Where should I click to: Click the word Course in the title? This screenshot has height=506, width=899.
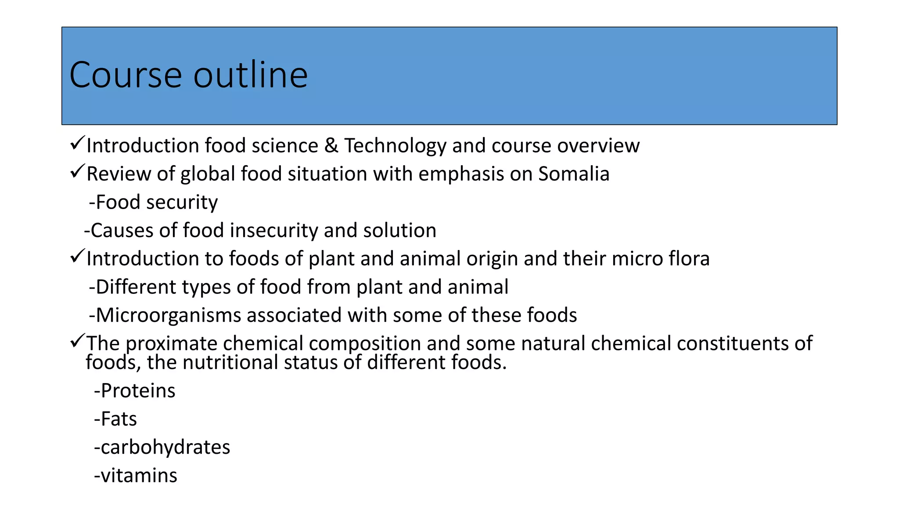pyautogui.click(x=126, y=75)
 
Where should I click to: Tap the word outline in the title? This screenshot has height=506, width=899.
pyautogui.click(x=251, y=75)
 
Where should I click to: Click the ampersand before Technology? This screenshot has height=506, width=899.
pyautogui.click(x=331, y=146)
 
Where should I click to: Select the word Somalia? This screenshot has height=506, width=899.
pyautogui.click(x=574, y=174)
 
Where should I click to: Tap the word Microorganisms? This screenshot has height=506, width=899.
pyautogui.click(x=168, y=315)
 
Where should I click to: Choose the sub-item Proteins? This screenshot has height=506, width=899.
pyautogui.click(x=135, y=391)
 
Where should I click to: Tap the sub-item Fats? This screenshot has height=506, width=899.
pyautogui.click(x=115, y=419)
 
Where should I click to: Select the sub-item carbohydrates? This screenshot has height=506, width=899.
pyautogui.click(x=162, y=447)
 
